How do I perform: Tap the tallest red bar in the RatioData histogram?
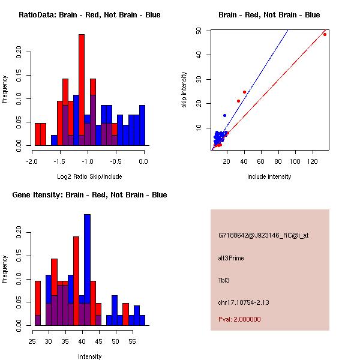tap(82, 90)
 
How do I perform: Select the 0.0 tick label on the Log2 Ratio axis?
tap(143, 161)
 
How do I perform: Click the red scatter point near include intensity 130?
tap(325, 34)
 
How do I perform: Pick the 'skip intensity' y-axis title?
tap(185, 90)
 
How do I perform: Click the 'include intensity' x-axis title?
tap(269, 176)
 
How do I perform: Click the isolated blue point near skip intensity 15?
tap(225, 115)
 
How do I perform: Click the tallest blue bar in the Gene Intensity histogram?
tap(87, 270)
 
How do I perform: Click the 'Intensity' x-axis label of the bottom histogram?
tap(89, 356)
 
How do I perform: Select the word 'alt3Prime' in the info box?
tap(231, 258)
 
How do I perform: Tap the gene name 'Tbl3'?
tap(224, 280)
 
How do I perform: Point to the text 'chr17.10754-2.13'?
tap(244, 302)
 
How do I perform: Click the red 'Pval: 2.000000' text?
tap(239, 319)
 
